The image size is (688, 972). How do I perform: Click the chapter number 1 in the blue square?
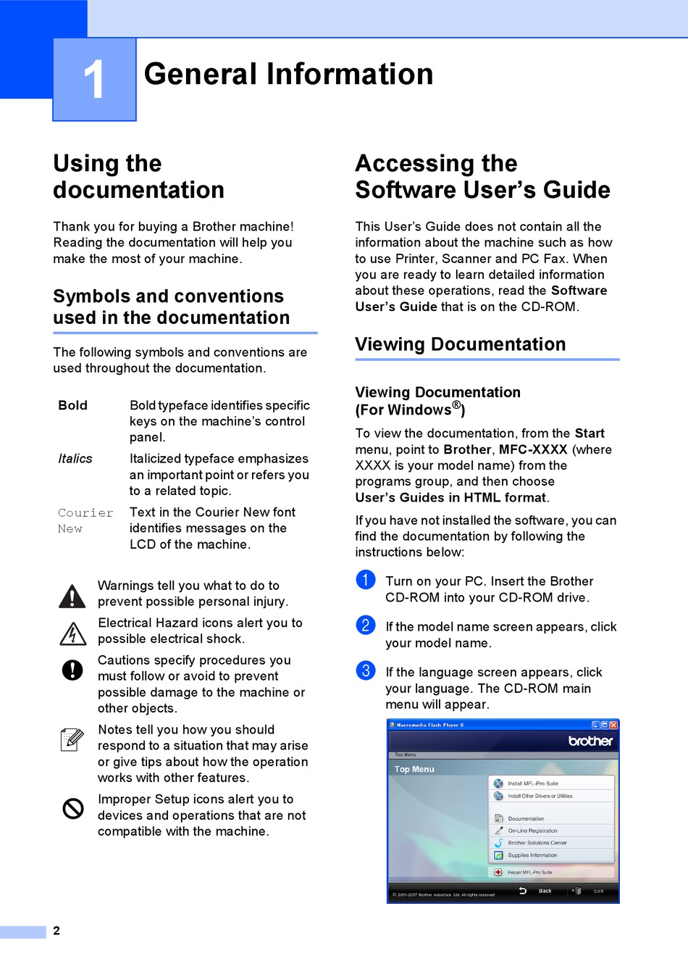pyautogui.click(x=94, y=79)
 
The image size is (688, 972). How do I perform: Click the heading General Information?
pyautogui.click(x=288, y=75)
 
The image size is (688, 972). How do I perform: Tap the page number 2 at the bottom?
pyautogui.click(x=56, y=931)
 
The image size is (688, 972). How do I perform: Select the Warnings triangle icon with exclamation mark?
pyautogui.click(x=72, y=596)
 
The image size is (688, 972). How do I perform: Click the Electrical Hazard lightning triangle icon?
pyautogui.click(x=72, y=634)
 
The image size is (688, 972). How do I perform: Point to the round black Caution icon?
pyautogui.click(x=72, y=670)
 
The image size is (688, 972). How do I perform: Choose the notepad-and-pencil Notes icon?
pyautogui.click(x=72, y=739)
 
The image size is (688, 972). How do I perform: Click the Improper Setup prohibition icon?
pyautogui.click(x=72, y=808)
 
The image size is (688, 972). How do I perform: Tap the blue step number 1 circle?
pyautogui.click(x=366, y=580)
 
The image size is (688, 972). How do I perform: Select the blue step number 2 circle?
pyautogui.click(x=366, y=625)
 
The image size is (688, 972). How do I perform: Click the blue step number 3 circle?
pyautogui.click(x=366, y=670)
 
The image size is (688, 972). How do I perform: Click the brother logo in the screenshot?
pyautogui.click(x=590, y=741)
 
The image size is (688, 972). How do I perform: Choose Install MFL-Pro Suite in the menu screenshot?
pyautogui.click(x=533, y=784)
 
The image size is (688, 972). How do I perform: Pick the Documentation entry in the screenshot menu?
pyautogui.click(x=526, y=818)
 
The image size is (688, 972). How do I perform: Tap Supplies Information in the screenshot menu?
pyautogui.click(x=532, y=855)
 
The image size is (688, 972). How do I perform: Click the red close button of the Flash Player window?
pyautogui.click(x=613, y=725)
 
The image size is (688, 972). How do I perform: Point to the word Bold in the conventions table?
pyautogui.click(x=73, y=406)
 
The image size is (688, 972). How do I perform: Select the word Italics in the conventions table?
pyautogui.click(x=75, y=459)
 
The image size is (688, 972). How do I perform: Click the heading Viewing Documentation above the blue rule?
pyautogui.click(x=460, y=344)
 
